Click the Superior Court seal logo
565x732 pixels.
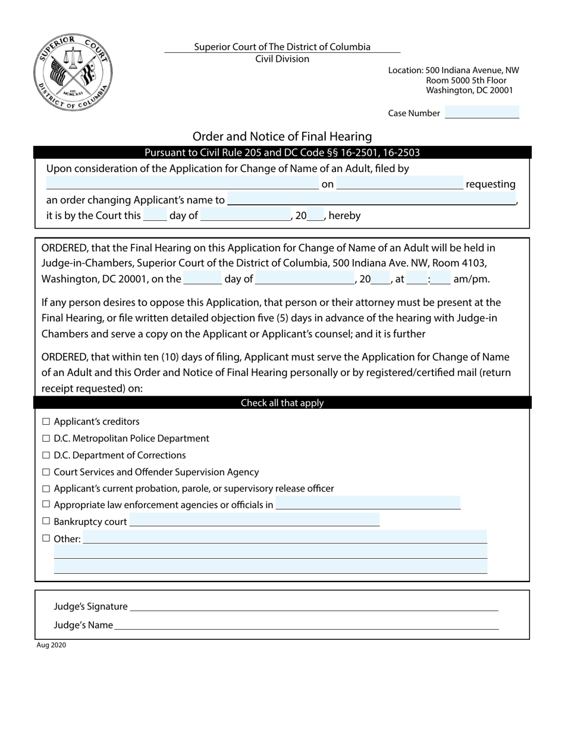pyautogui.click(x=73, y=73)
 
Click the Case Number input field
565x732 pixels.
pyautogui.click(x=482, y=112)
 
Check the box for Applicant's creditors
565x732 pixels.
pyautogui.click(x=46, y=422)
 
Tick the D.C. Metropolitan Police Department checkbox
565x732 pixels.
pyautogui.click(x=46, y=439)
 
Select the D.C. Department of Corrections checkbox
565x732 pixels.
pyautogui.click(x=46, y=455)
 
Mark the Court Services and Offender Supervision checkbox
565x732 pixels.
pyautogui.click(x=46, y=472)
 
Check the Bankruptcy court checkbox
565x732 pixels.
pyautogui.click(x=46, y=521)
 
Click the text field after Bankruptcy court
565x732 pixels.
pyautogui.click(x=254, y=521)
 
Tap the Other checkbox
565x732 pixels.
pyautogui.click(x=46, y=538)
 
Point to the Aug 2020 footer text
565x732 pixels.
pyautogui.click(x=51, y=645)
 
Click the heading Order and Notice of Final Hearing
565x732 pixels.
pyautogui.click(x=282, y=136)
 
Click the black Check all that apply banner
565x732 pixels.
pyautogui.click(x=282, y=403)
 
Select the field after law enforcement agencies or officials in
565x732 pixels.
pyautogui.click(x=368, y=504)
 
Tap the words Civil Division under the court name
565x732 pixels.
pyautogui.click(x=282, y=59)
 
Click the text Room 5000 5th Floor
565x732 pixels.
pyautogui.click(x=466, y=80)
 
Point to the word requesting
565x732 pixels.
pyautogui.click(x=490, y=184)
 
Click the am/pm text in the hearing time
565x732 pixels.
pyautogui.click(x=471, y=279)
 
